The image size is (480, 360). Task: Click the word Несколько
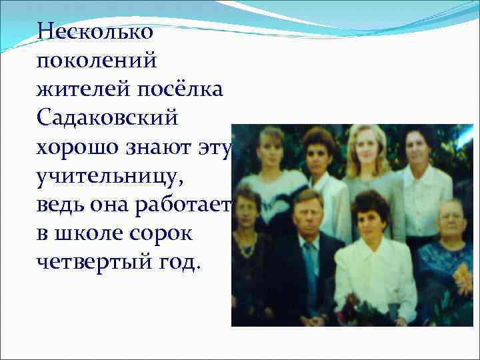[95, 31]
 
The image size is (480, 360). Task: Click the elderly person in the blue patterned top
[451, 260]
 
